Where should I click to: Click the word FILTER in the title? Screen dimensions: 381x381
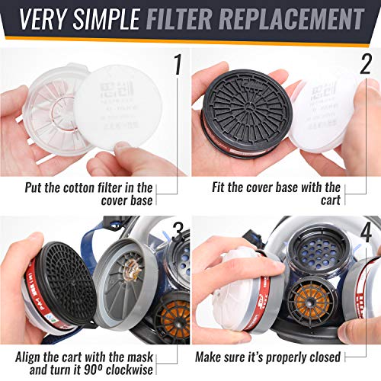[187, 18]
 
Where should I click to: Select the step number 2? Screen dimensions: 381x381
[366, 65]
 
